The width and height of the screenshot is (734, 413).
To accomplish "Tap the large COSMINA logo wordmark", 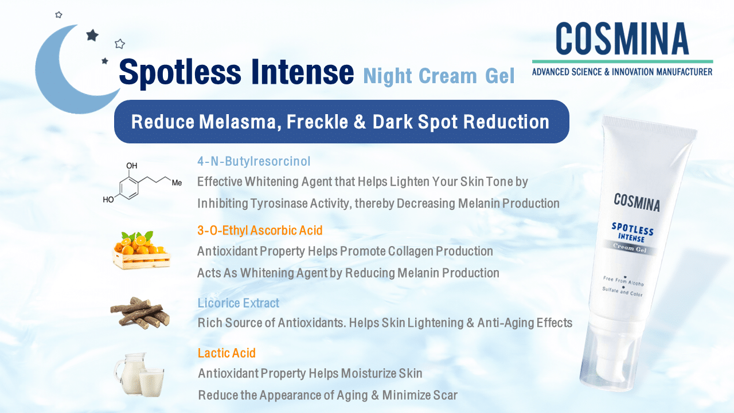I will coord(622,40).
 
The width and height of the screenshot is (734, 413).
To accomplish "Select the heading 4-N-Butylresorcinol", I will coord(254,161).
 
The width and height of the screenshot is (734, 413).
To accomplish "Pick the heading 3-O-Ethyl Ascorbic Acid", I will coord(260,231).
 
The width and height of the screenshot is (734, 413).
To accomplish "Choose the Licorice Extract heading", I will coord(239,303).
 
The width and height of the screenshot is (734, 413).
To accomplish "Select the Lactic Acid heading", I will coord(227,353).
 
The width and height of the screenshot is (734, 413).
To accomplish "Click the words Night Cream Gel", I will coord(439,75).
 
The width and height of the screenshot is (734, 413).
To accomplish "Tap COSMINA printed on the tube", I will coord(637,202).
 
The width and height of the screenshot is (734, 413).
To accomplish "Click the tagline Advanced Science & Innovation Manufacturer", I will coord(622,72).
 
